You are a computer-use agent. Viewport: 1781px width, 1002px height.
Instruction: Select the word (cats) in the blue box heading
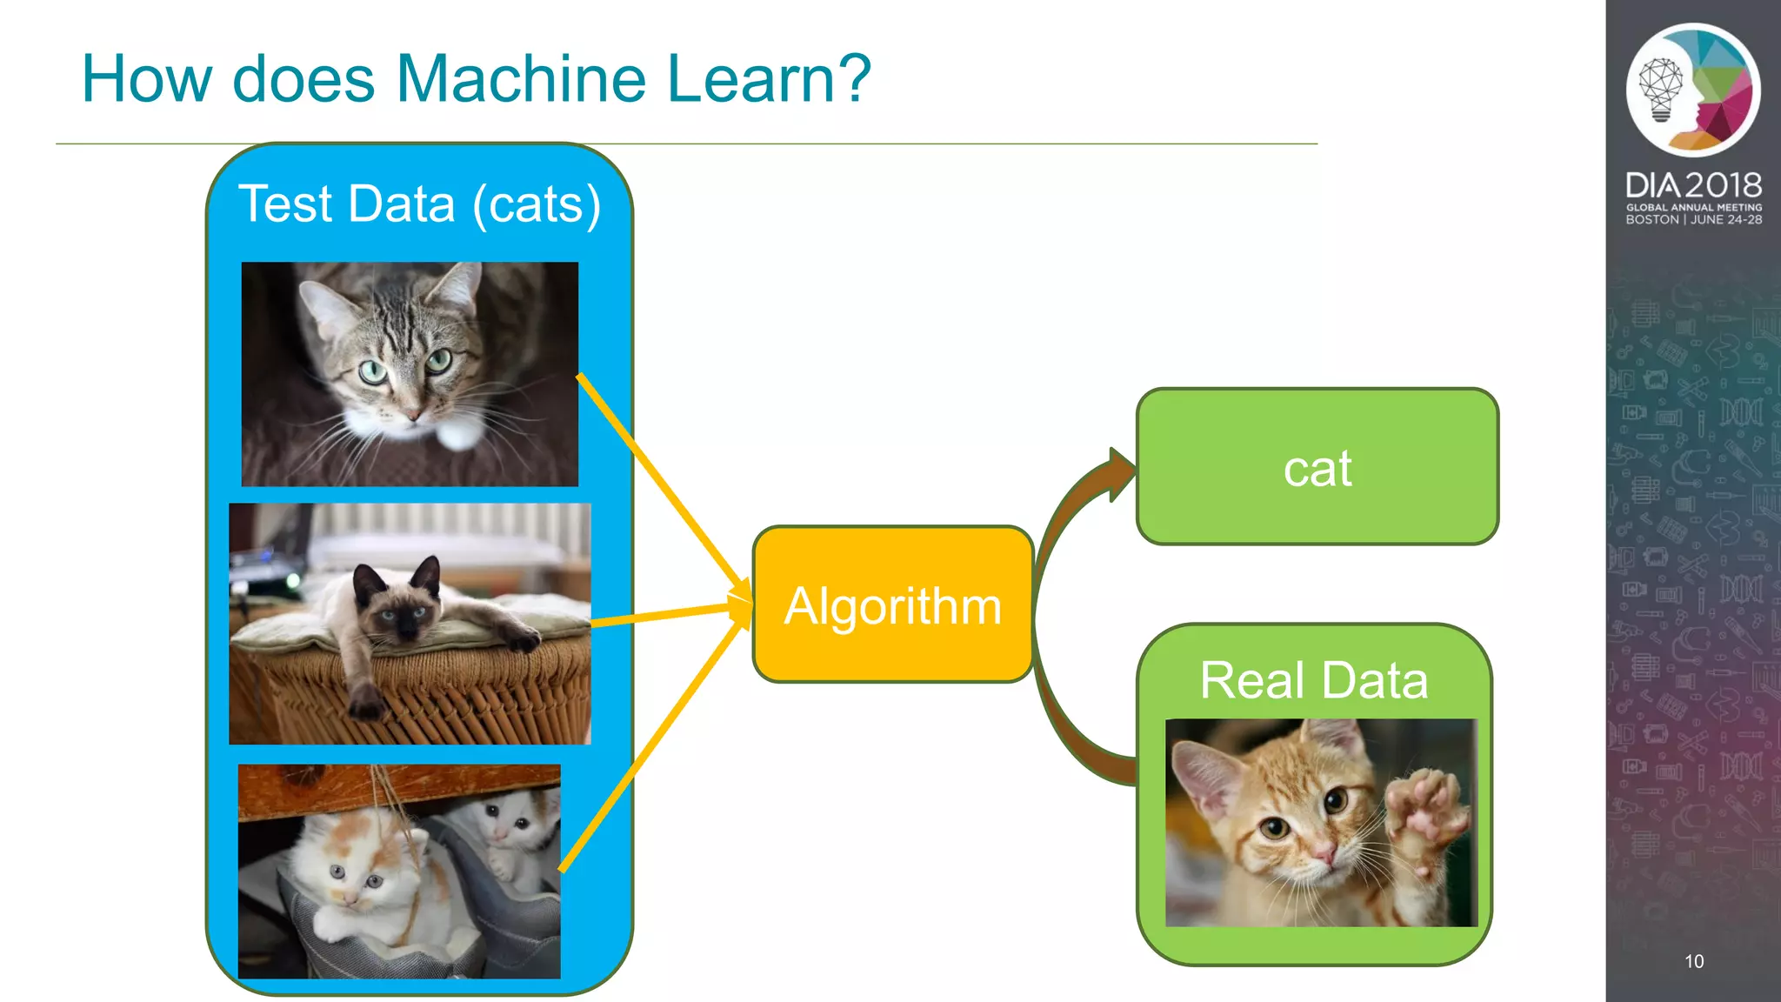pyautogui.click(x=537, y=204)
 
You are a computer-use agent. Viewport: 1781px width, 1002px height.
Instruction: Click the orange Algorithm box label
pyautogui.click(x=893, y=605)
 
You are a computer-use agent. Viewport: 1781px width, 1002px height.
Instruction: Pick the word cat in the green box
pyautogui.click(x=1317, y=469)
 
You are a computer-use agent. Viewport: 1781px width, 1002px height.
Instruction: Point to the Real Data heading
pyautogui.click(x=1313, y=680)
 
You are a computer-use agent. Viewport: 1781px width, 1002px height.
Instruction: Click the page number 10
pyautogui.click(x=1694, y=961)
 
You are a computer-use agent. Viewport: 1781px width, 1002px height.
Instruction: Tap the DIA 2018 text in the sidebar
pyautogui.click(x=1693, y=184)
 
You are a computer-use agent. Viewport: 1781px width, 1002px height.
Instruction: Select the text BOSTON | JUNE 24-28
pyautogui.click(x=1693, y=220)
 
